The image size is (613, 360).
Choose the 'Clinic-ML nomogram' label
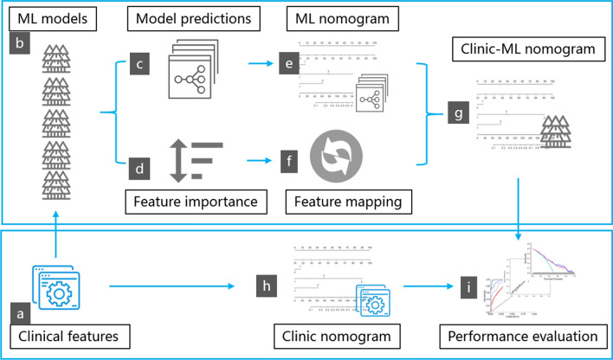pyautogui.click(x=520, y=50)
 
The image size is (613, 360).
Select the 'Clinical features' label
pyautogui.click(x=63, y=333)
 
